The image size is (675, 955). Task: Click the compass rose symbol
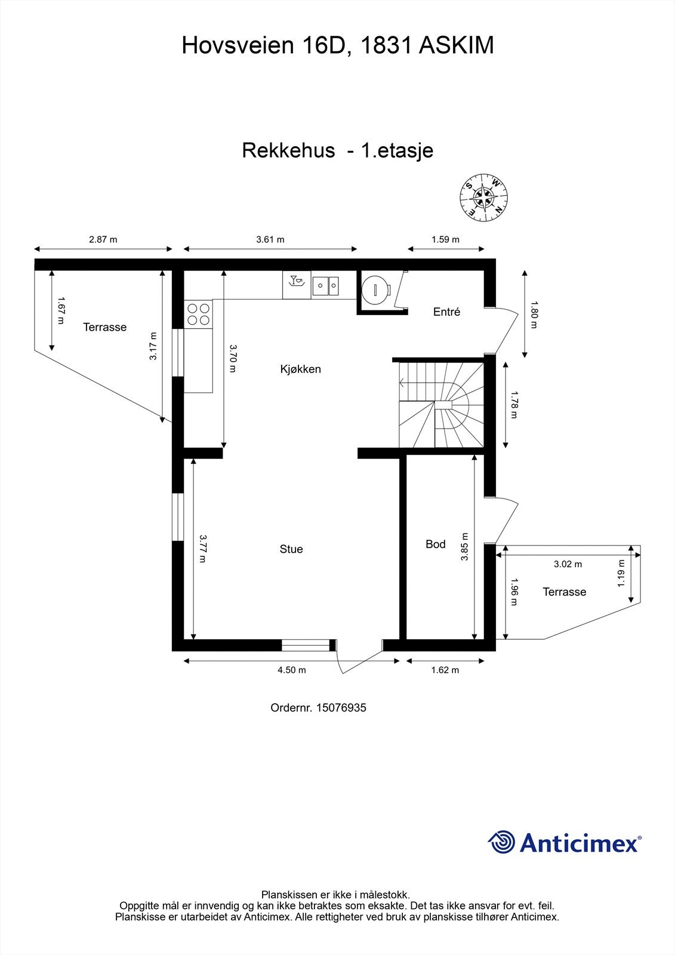tap(484, 196)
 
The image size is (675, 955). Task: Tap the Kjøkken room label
tap(301, 369)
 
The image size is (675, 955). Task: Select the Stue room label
tap(291, 549)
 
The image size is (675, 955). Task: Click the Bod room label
tap(436, 544)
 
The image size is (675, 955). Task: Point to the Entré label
tap(446, 312)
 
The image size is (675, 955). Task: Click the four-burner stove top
tap(198, 314)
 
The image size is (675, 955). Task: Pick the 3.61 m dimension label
tap(270, 239)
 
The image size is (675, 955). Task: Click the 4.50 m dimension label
tap(292, 670)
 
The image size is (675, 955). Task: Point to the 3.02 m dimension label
tap(568, 564)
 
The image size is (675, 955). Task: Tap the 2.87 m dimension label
tap(103, 239)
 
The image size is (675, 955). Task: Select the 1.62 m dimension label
tap(445, 670)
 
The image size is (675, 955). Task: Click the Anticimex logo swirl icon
tap(501, 842)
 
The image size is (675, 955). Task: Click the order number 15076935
tap(341, 708)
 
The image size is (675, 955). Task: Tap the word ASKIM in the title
tap(457, 45)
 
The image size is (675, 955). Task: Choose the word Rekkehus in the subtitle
tap(288, 150)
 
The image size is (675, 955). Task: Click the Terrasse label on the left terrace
tap(105, 327)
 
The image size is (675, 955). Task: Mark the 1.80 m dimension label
tap(534, 314)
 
